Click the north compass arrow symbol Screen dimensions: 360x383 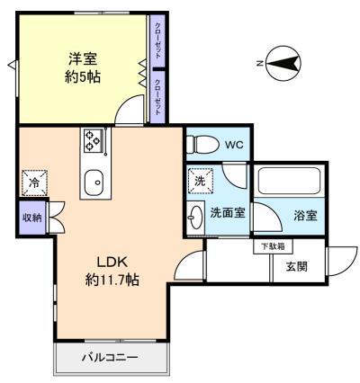[x=283, y=63]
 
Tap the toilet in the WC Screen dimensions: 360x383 [x=202, y=145]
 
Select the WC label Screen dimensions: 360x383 [x=234, y=145]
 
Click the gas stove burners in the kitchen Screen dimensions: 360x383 [x=93, y=140]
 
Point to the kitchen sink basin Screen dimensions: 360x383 [x=94, y=182]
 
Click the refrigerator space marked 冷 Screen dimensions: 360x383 [x=34, y=183]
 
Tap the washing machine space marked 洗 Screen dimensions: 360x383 [x=200, y=181]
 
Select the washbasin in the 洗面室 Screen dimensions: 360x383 [x=194, y=218]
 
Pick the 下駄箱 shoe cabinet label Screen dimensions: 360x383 [x=273, y=246]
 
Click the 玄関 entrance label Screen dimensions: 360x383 [x=297, y=266]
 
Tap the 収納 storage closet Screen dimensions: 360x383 [x=31, y=218]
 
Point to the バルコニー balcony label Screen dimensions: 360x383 [x=110, y=357]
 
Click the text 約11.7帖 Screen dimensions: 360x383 [x=112, y=280]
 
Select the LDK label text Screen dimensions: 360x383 [x=112, y=263]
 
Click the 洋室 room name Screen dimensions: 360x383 [x=83, y=58]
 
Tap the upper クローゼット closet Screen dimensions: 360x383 [x=157, y=40]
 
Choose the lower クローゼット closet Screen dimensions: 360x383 [x=157, y=97]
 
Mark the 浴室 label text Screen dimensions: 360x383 [x=305, y=216]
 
